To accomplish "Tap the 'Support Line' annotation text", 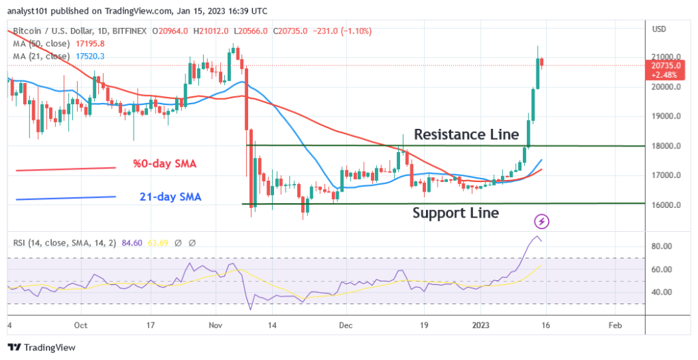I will tap(455, 213).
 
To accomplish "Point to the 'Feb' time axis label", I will tap(615, 325).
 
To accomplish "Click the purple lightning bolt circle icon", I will tap(541, 222).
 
